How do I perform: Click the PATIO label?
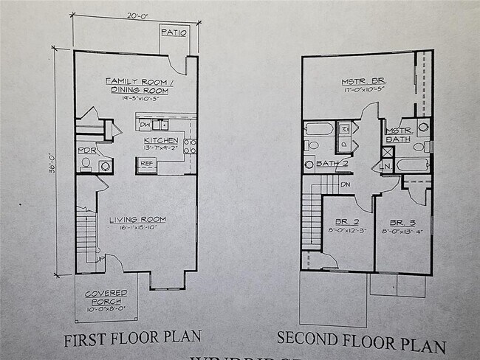pos(174,32)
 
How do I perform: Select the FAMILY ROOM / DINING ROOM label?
pos(137,85)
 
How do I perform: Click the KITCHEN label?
pos(160,139)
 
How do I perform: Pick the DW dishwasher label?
pos(145,125)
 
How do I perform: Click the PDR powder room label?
pos(86,150)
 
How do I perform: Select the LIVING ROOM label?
pos(137,219)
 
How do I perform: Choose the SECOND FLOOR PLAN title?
pos(361,341)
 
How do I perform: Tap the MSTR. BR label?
pos(363,81)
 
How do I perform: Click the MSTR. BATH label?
pos(399,135)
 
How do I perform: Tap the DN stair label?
pos(345,184)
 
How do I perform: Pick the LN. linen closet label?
pos(385,167)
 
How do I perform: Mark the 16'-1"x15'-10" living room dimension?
pos(137,227)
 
